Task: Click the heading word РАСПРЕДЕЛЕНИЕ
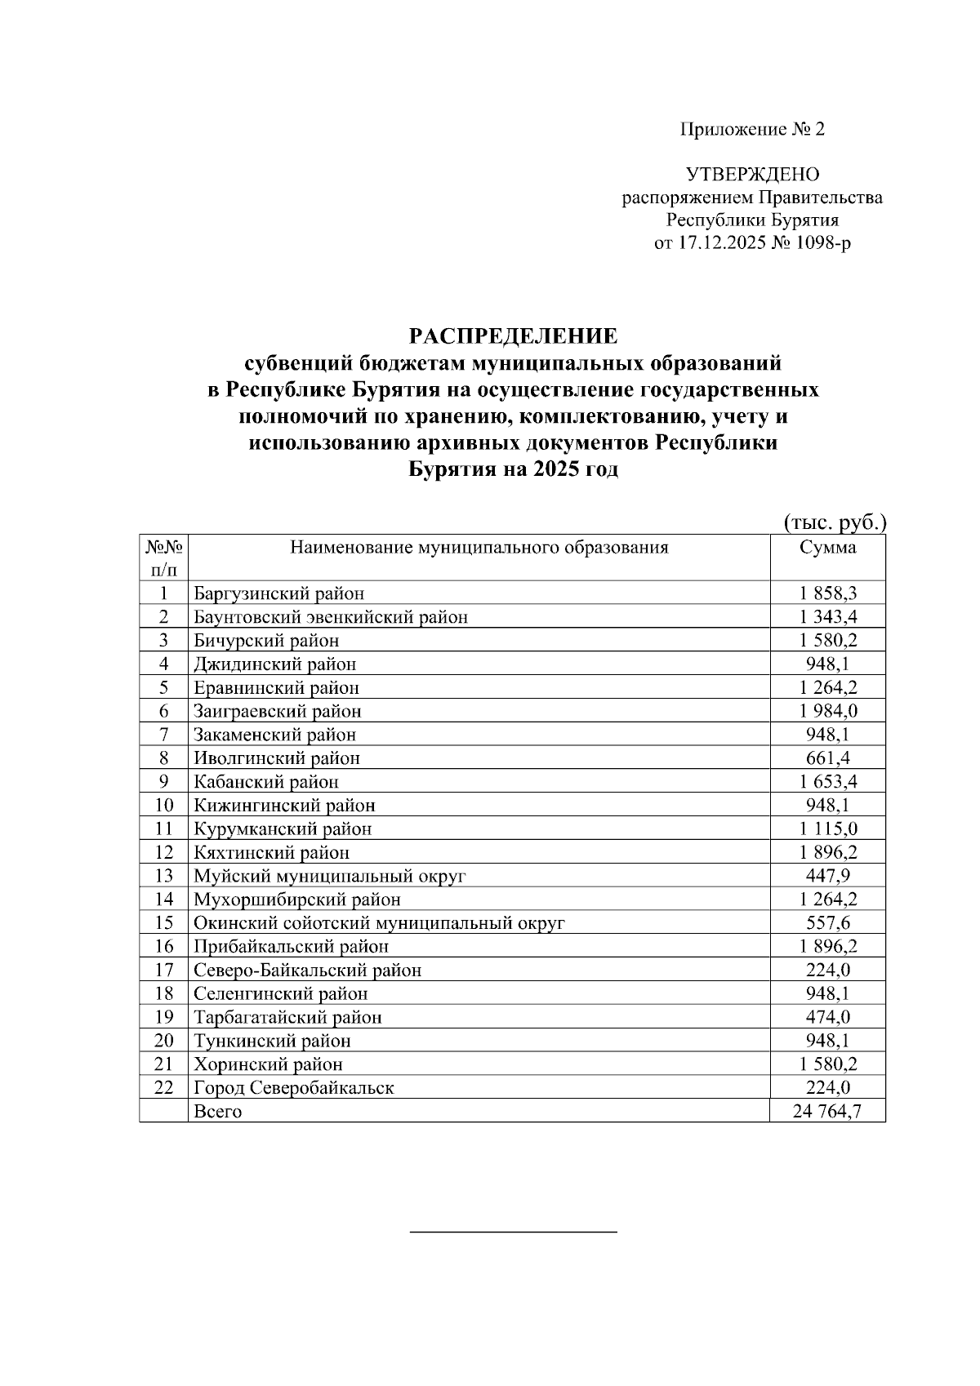click(513, 335)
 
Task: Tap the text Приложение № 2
click(752, 129)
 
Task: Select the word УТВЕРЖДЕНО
click(752, 175)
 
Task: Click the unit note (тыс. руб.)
click(835, 522)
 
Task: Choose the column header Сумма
click(827, 548)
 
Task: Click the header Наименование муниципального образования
click(479, 548)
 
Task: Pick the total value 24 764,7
click(827, 1111)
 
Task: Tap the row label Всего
click(218, 1112)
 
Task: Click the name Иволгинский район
click(277, 758)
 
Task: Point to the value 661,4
click(828, 758)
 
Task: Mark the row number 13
click(164, 876)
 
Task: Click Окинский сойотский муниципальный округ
click(379, 923)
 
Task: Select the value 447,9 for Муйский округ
click(828, 876)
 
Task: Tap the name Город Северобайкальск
click(294, 1088)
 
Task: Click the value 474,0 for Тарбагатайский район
click(828, 1017)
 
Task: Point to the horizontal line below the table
click(513, 1230)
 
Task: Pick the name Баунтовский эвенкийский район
click(331, 617)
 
